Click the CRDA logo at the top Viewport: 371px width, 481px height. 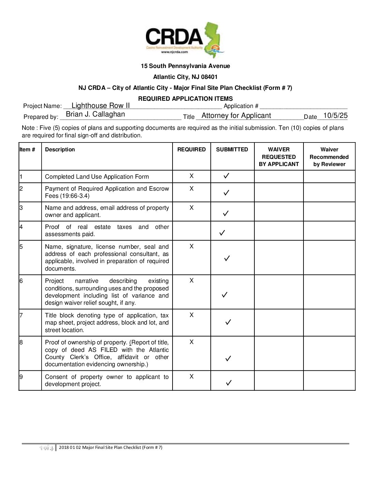click(x=185, y=39)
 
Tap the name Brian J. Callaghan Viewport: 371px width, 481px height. click(x=95, y=114)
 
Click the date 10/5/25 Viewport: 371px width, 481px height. click(x=335, y=115)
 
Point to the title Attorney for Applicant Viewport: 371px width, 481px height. click(x=236, y=115)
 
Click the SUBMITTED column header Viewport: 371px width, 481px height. click(x=232, y=150)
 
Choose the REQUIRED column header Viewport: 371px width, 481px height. click(x=191, y=150)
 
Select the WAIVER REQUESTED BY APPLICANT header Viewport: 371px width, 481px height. click(x=279, y=157)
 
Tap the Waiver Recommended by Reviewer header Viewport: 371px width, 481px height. click(x=329, y=157)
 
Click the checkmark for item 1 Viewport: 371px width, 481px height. click(x=226, y=176)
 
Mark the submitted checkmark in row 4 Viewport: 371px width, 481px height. click(x=222, y=233)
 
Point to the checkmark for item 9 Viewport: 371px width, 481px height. click(x=229, y=383)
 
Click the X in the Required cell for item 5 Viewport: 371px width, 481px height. click(x=191, y=246)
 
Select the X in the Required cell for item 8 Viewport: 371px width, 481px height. click(x=191, y=342)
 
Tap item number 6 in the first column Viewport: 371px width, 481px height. click(x=21, y=281)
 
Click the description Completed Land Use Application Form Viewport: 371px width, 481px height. click(x=97, y=177)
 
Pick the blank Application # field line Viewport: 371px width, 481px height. click(x=303, y=107)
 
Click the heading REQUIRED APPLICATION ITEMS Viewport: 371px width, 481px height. click(x=185, y=99)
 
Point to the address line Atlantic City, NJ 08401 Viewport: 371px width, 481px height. click(x=185, y=77)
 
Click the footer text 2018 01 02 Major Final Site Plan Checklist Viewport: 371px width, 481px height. click(x=110, y=447)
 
